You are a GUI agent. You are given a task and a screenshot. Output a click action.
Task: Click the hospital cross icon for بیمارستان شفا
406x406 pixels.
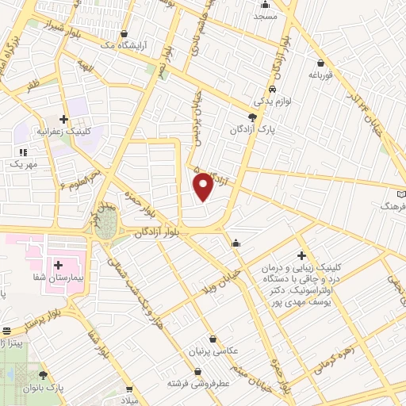[58, 263]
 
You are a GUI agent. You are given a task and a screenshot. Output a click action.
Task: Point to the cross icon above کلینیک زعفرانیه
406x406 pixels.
[64, 119]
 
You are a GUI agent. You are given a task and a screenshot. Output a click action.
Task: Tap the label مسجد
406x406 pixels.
[266, 16]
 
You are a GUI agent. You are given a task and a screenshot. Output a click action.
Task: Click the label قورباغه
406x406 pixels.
[320, 76]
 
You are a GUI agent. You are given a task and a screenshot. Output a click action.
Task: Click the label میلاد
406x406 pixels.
[128, 401]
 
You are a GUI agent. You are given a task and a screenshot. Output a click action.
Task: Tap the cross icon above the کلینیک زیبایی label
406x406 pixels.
[301, 255]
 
